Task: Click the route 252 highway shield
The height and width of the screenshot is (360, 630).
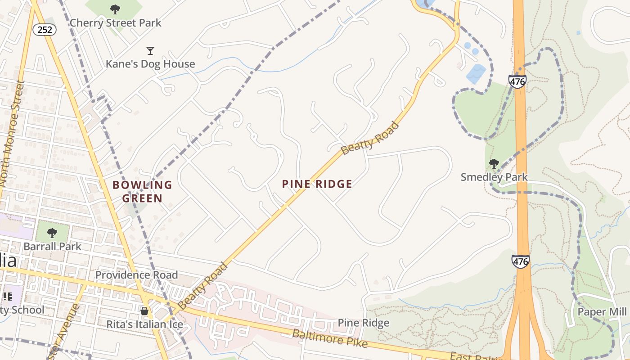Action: point(45,30)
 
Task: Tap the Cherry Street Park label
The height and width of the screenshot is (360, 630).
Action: point(115,22)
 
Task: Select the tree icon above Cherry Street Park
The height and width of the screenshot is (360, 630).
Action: point(115,9)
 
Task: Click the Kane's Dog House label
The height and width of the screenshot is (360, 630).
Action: point(150,64)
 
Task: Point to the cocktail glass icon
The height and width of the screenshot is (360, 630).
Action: point(150,50)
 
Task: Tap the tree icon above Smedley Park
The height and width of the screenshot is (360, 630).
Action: point(494,163)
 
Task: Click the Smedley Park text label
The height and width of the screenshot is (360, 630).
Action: point(494,177)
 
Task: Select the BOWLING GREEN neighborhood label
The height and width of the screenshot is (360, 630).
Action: point(142,191)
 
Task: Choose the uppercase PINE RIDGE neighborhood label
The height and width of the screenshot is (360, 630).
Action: point(317,184)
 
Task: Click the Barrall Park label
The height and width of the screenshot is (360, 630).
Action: point(53,246)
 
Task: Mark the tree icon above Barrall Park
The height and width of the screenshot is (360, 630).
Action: point(52,233)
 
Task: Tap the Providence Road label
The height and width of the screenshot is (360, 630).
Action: point(136,274)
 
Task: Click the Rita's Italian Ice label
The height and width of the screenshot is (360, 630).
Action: point(144,324)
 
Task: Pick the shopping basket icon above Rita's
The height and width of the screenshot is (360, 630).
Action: point(144,311)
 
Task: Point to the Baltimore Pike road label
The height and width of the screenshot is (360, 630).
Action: point(330,338)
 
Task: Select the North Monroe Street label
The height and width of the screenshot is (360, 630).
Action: point(13,134)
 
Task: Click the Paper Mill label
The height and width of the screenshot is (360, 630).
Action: point(602,312)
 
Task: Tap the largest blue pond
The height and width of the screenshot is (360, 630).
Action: point(476,74)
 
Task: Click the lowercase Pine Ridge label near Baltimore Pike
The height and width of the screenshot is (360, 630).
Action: point(363,323)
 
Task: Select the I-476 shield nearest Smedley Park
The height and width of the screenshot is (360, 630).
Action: point(517,81)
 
